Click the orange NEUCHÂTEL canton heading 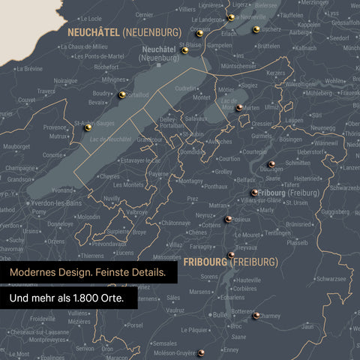pyautogui.click(x=93, y=32)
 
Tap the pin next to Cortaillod pyautogui.click(x=122, y=94)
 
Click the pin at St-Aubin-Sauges pyautogui.click(x=88, y=127)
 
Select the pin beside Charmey pyautogui.click(x=256, y=316)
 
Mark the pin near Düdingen pyautogui.click(x=271, y=163)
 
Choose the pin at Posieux pyautogui.click(x=228, y=219)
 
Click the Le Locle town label pyautogui.click(x=90, y=19)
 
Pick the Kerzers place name pyautogui.click(x=276, y=73)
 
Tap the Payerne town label pyautogui.click(x=158, y=173)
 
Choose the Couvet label pyautogui.click(x=26, y=100)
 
